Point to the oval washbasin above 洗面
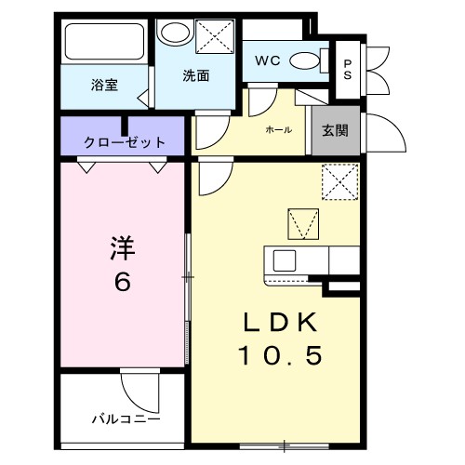point(172,33)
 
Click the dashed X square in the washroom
point(215,39)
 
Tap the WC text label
point(269,61)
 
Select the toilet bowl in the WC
point(304,62)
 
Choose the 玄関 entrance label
point(336,130)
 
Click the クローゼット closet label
point(125,142)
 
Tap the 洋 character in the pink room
point(123,249)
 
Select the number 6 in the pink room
point(123,283)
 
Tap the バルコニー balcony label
point(125,418)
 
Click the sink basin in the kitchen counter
point(285,259)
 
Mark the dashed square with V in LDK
point(302,223)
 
